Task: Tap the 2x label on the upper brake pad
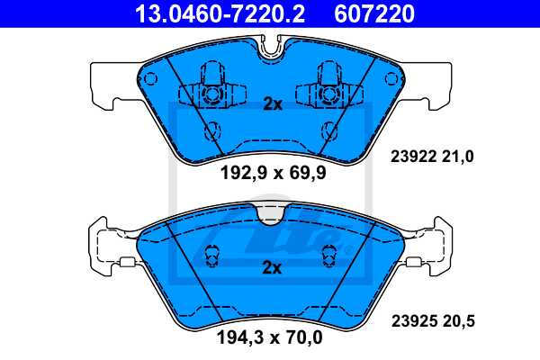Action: pyautogui.click(x=272, y=104)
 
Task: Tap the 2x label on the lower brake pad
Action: pyautogui.click(x=272, y=267)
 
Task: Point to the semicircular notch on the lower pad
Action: pyautogui.click(x=271, y=213)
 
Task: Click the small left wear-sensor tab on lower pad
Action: pyautogui.click(x=127, y=264)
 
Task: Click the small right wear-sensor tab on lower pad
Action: pyautogui.click(x=414, y=264)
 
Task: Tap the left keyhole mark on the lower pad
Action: pyautogui.click(x=213, y=255)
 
